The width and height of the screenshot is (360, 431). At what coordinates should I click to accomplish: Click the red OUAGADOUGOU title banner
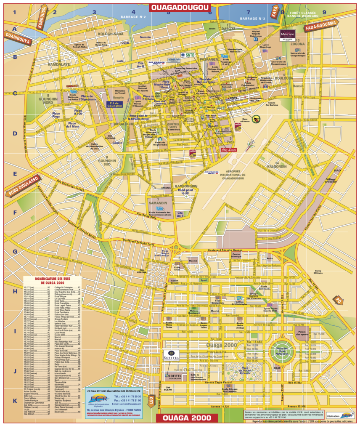click(180, 8)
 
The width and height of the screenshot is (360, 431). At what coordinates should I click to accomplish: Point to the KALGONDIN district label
click(277, 166)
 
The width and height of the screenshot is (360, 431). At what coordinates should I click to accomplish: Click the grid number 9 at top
click(324, 12)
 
